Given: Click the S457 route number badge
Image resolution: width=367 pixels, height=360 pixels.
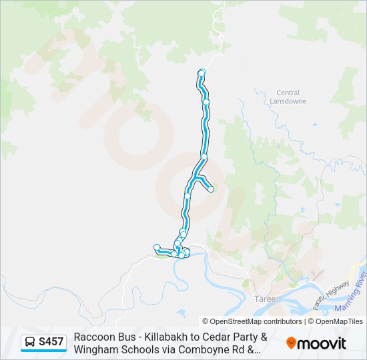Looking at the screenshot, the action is (x=44, y=343).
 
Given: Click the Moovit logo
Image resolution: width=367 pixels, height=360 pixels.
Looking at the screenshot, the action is (x=316, y=343).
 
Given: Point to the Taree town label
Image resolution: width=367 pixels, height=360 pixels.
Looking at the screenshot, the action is (x=265, y=300).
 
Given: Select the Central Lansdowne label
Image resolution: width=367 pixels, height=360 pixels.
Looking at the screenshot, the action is (x=288, y=97).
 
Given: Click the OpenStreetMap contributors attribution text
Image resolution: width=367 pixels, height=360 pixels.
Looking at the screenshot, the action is (x=252, y=321).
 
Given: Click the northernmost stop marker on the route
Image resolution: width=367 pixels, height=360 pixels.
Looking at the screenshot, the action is (x=202, y=72).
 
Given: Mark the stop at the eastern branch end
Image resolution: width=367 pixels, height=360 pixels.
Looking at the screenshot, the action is (x=211, y=189).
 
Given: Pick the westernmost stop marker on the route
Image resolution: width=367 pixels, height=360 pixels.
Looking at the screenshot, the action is (x=156, y=247).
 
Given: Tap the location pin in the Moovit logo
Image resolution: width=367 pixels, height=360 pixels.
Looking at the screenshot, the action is (x=291, y=343).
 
